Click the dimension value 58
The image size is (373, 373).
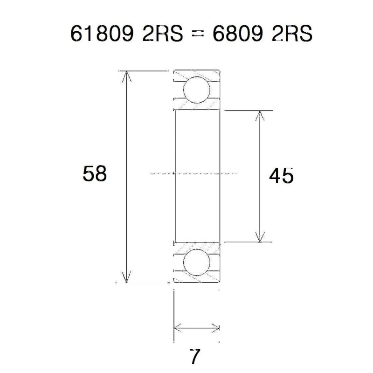[x=95, y=174]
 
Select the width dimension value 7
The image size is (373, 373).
[x=196, y=357]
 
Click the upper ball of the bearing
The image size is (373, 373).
[x=196, y=90]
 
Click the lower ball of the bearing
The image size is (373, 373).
[x=196, y=262]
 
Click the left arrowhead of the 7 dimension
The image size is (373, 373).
[x=178, y=327]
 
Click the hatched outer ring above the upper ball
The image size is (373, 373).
[x=196, y=74]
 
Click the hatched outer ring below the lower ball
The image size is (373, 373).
[x=196, y=279]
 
